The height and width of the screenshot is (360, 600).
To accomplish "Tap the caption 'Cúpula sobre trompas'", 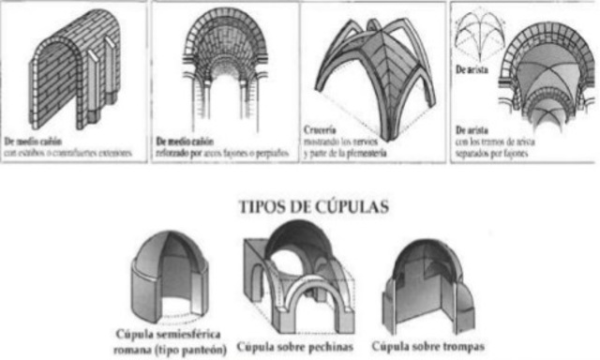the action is click(428, 342).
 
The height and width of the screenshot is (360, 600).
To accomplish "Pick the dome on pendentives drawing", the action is click(297, 276).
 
